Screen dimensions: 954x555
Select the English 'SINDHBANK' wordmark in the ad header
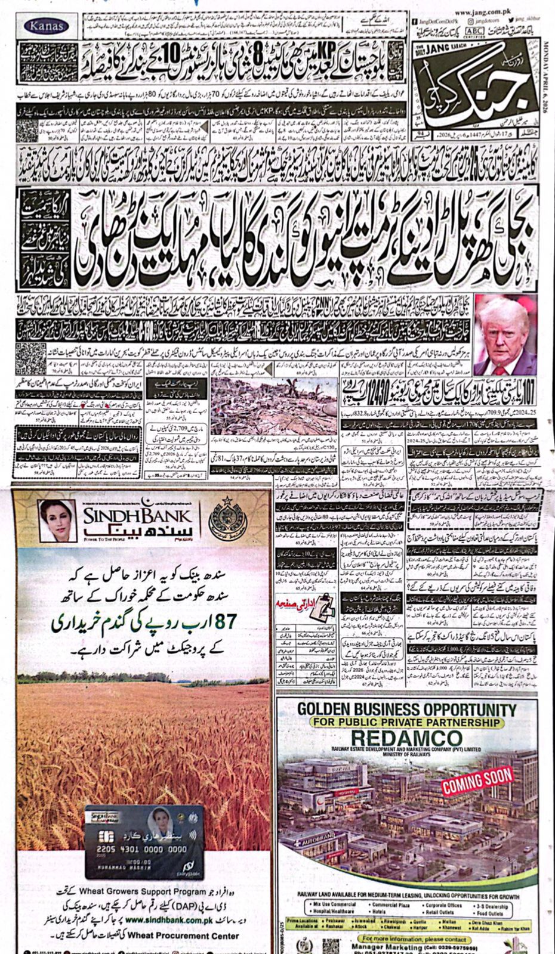(137, 516)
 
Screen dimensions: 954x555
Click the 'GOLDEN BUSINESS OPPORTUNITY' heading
(406, 710)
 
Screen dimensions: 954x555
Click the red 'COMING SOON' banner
(477, 780)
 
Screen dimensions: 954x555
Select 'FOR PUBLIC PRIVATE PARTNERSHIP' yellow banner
(406, 722)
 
